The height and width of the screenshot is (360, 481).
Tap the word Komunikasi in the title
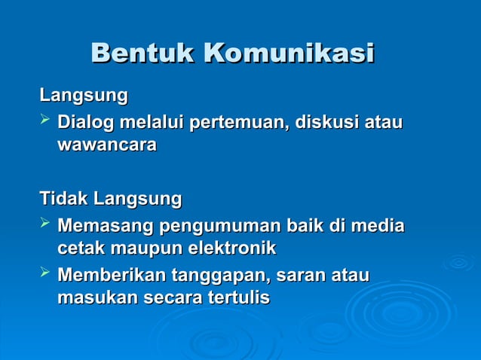point(289,54)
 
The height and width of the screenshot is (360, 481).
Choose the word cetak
point(82,248)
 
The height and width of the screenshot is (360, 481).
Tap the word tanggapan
point(221,276)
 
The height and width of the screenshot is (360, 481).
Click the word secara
point(172,297)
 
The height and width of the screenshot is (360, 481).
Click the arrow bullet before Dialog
point(45,121)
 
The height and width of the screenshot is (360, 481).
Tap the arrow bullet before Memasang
point(45,224)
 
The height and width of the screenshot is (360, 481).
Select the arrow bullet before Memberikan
point(45,274)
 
